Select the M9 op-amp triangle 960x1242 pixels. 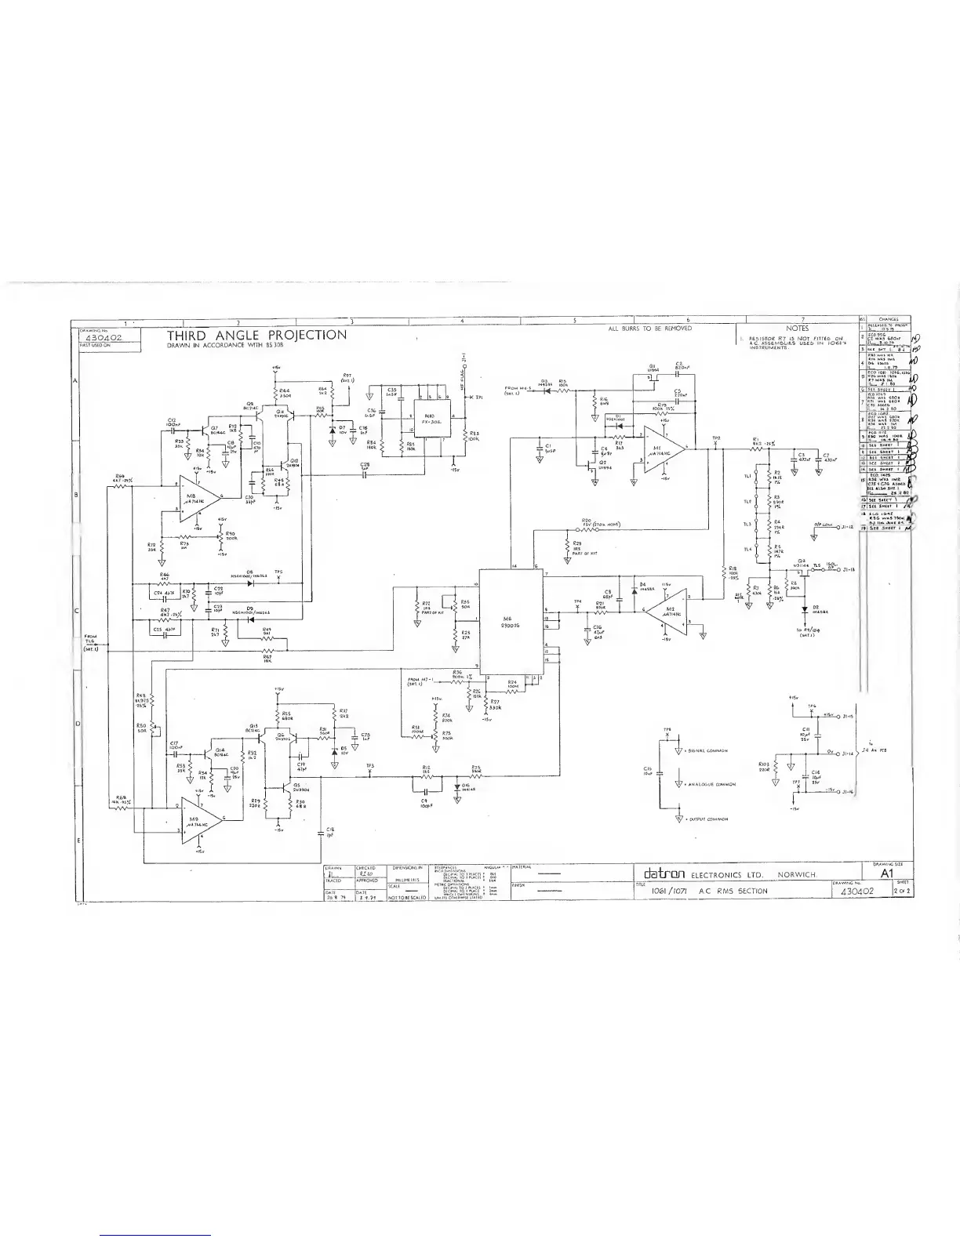[x=199, y=820]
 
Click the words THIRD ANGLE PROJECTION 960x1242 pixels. [x=256, y=336]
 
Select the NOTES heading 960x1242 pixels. [x=797, y=329]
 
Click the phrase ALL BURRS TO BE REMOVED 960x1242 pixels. [x=650, y=329]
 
